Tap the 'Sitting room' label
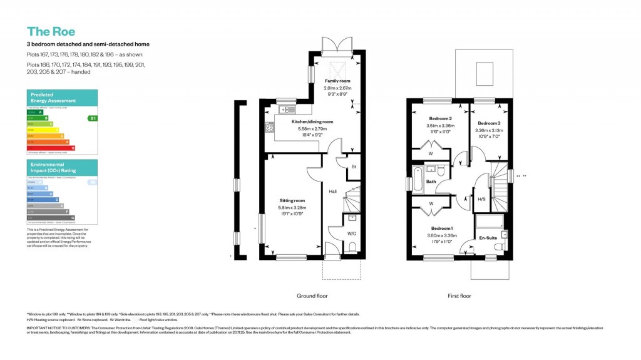click(292, 201)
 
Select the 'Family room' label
click(337, 81)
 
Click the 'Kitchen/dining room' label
click(312, 121)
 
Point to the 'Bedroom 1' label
click(441, 229)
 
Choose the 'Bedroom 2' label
click(441, 119)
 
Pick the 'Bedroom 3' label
click(489, 123)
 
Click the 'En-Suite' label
click(488, 239)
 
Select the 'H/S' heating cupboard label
click(481, 199)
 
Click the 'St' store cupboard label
click(353, 167)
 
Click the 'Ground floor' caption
click(312, 296)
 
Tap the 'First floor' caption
click(459, 296)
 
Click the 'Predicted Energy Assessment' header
click(53, 98)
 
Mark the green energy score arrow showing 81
click(93, 118)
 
